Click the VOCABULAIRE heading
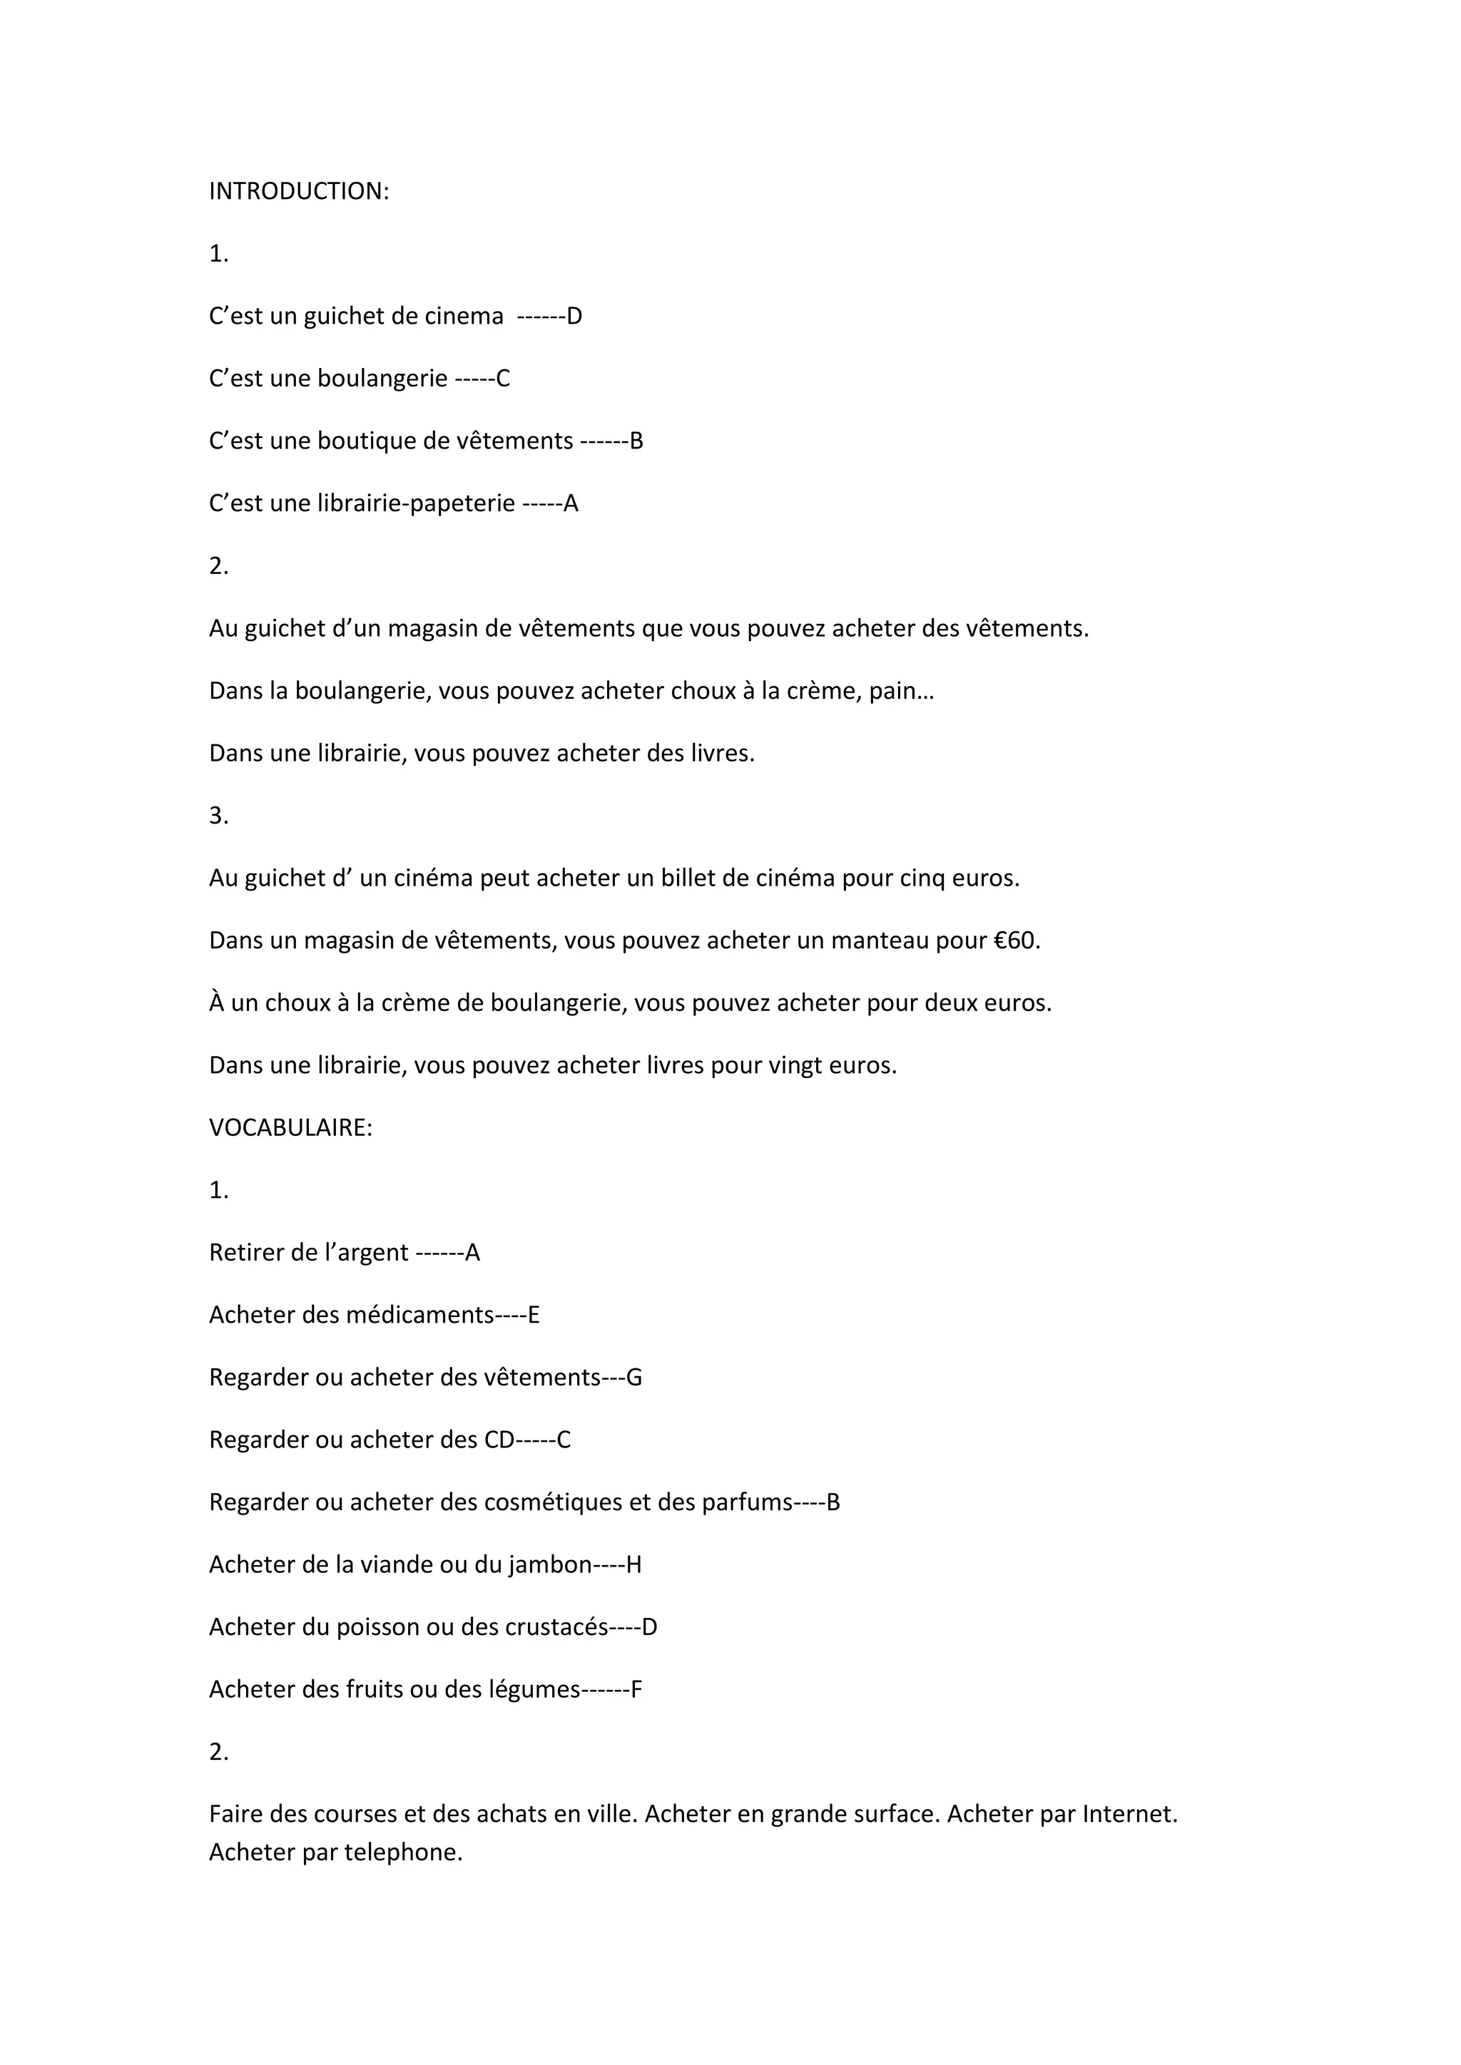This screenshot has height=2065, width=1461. (x=290, y=1128)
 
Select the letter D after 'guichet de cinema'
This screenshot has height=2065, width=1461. (x=574, y=317)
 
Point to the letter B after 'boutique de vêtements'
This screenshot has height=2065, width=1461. (x=636, y=441)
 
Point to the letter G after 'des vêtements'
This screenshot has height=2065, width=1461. (x=633, y=1378)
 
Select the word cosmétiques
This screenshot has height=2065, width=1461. (x=552, y=1503)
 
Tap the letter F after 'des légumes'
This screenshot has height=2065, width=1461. (x=636, y=1690)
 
